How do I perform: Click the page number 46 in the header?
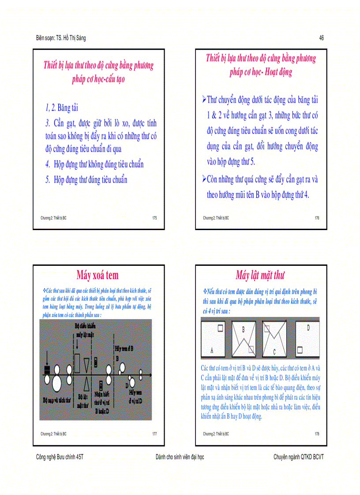pos(322,38)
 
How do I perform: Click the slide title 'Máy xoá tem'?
pos(97,275)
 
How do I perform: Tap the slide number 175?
pos(154,218)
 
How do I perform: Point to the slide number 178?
pos(317,434)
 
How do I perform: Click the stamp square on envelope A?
pos(219,328)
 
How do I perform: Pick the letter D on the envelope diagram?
pos(308,328)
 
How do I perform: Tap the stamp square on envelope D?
pos(300,350)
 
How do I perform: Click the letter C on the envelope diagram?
pos(274,352)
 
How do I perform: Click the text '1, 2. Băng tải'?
pos(62,108)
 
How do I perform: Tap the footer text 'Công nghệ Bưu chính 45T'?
pos(59,457)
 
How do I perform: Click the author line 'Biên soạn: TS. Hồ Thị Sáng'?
pos(61,38)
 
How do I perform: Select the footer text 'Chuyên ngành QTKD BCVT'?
pos(299,457)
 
